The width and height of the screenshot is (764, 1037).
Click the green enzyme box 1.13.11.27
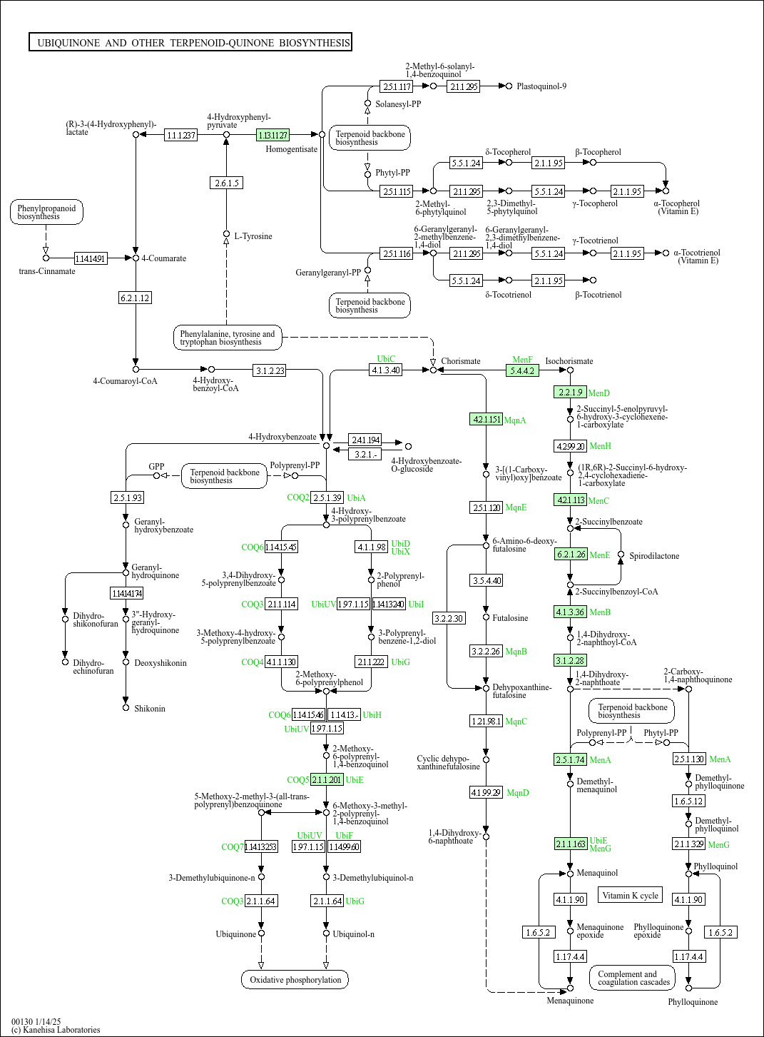[273, 135]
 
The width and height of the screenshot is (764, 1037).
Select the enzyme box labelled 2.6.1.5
[227, 183]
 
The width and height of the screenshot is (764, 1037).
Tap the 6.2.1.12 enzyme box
[135, 298]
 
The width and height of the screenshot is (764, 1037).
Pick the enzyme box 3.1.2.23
[270, 370]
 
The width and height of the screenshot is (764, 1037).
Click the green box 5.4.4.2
[522, 371]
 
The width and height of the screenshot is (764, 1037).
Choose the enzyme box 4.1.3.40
[386, 370]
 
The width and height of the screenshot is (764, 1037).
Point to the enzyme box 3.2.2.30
[449, 618]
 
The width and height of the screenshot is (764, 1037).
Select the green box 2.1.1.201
[327, 780]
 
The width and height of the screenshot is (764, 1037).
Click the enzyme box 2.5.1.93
[128, 497]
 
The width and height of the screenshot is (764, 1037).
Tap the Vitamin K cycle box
[630, 896]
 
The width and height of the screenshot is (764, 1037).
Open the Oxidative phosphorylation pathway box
[295, 980]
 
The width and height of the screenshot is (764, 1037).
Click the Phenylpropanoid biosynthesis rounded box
[46, 213]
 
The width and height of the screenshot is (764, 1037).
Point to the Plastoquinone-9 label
[541, 86]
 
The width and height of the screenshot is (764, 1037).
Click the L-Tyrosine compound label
[253, 236]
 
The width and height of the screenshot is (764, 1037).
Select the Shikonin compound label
[150, 709]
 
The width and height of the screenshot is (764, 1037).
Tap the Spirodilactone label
[654, 556]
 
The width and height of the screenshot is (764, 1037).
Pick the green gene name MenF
[522, 360]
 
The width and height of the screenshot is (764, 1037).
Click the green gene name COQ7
[232, 847]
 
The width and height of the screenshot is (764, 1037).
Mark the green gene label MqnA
[515, 420]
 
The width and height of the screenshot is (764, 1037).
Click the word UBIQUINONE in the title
[68, 43]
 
